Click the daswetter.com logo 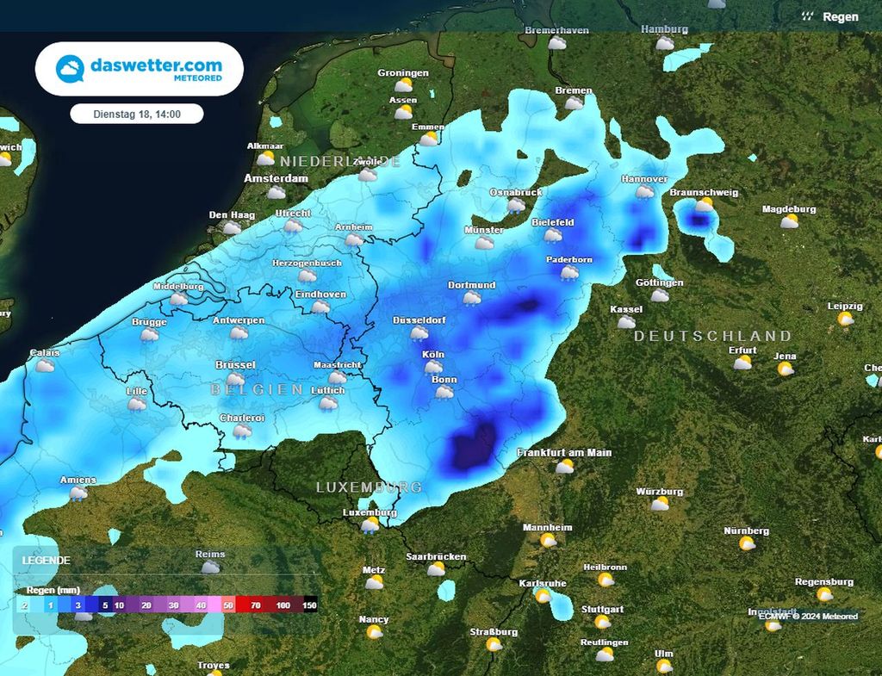[139, 69]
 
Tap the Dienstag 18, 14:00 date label [137, 114]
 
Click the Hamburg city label [664, 29]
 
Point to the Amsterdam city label [276, 178]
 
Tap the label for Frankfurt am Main [564, 453]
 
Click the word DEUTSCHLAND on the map [712, 336]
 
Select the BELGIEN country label [257, 390]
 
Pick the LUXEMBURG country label [369, 487]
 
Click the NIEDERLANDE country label [340, 162]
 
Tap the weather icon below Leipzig [846, 319]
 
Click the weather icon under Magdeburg [789, 222]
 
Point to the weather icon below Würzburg [660, 505]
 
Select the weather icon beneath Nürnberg [747, 543]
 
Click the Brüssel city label [235, 365]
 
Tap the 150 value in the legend [309, 605]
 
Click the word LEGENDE [47, 560]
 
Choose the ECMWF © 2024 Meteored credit [808, 616]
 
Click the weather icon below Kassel [626, 322]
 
